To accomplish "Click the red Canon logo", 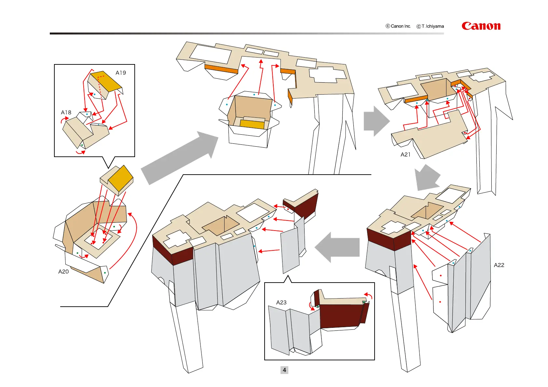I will [x=481, y=26].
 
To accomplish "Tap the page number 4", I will [x=284, y=370].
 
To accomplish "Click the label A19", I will [x=121, y=73].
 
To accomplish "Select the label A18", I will [x=66, y=113].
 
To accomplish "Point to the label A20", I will [x=63, y=272].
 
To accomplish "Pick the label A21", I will [x=405, y=155].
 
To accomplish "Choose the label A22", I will [x=499, y=265].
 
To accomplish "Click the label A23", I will [x=281, y=303].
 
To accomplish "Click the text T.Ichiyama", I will [x=432, y=26].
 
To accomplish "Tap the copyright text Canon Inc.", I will [x=401, y=26].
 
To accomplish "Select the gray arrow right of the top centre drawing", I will [x=376, y=121].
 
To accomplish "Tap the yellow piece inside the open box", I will [x=252, y=124].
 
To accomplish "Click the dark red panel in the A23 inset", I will [x=340, y=315].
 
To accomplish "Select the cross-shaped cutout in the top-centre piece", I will [x=327, y=75].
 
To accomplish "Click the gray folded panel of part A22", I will [x=478, y=280].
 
